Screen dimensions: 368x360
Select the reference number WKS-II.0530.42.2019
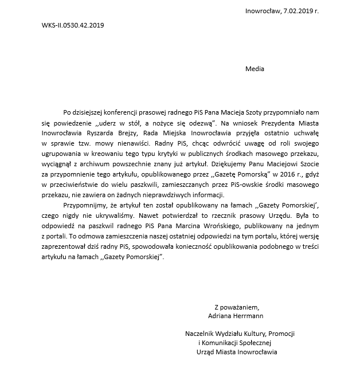(x=73, y=25)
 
